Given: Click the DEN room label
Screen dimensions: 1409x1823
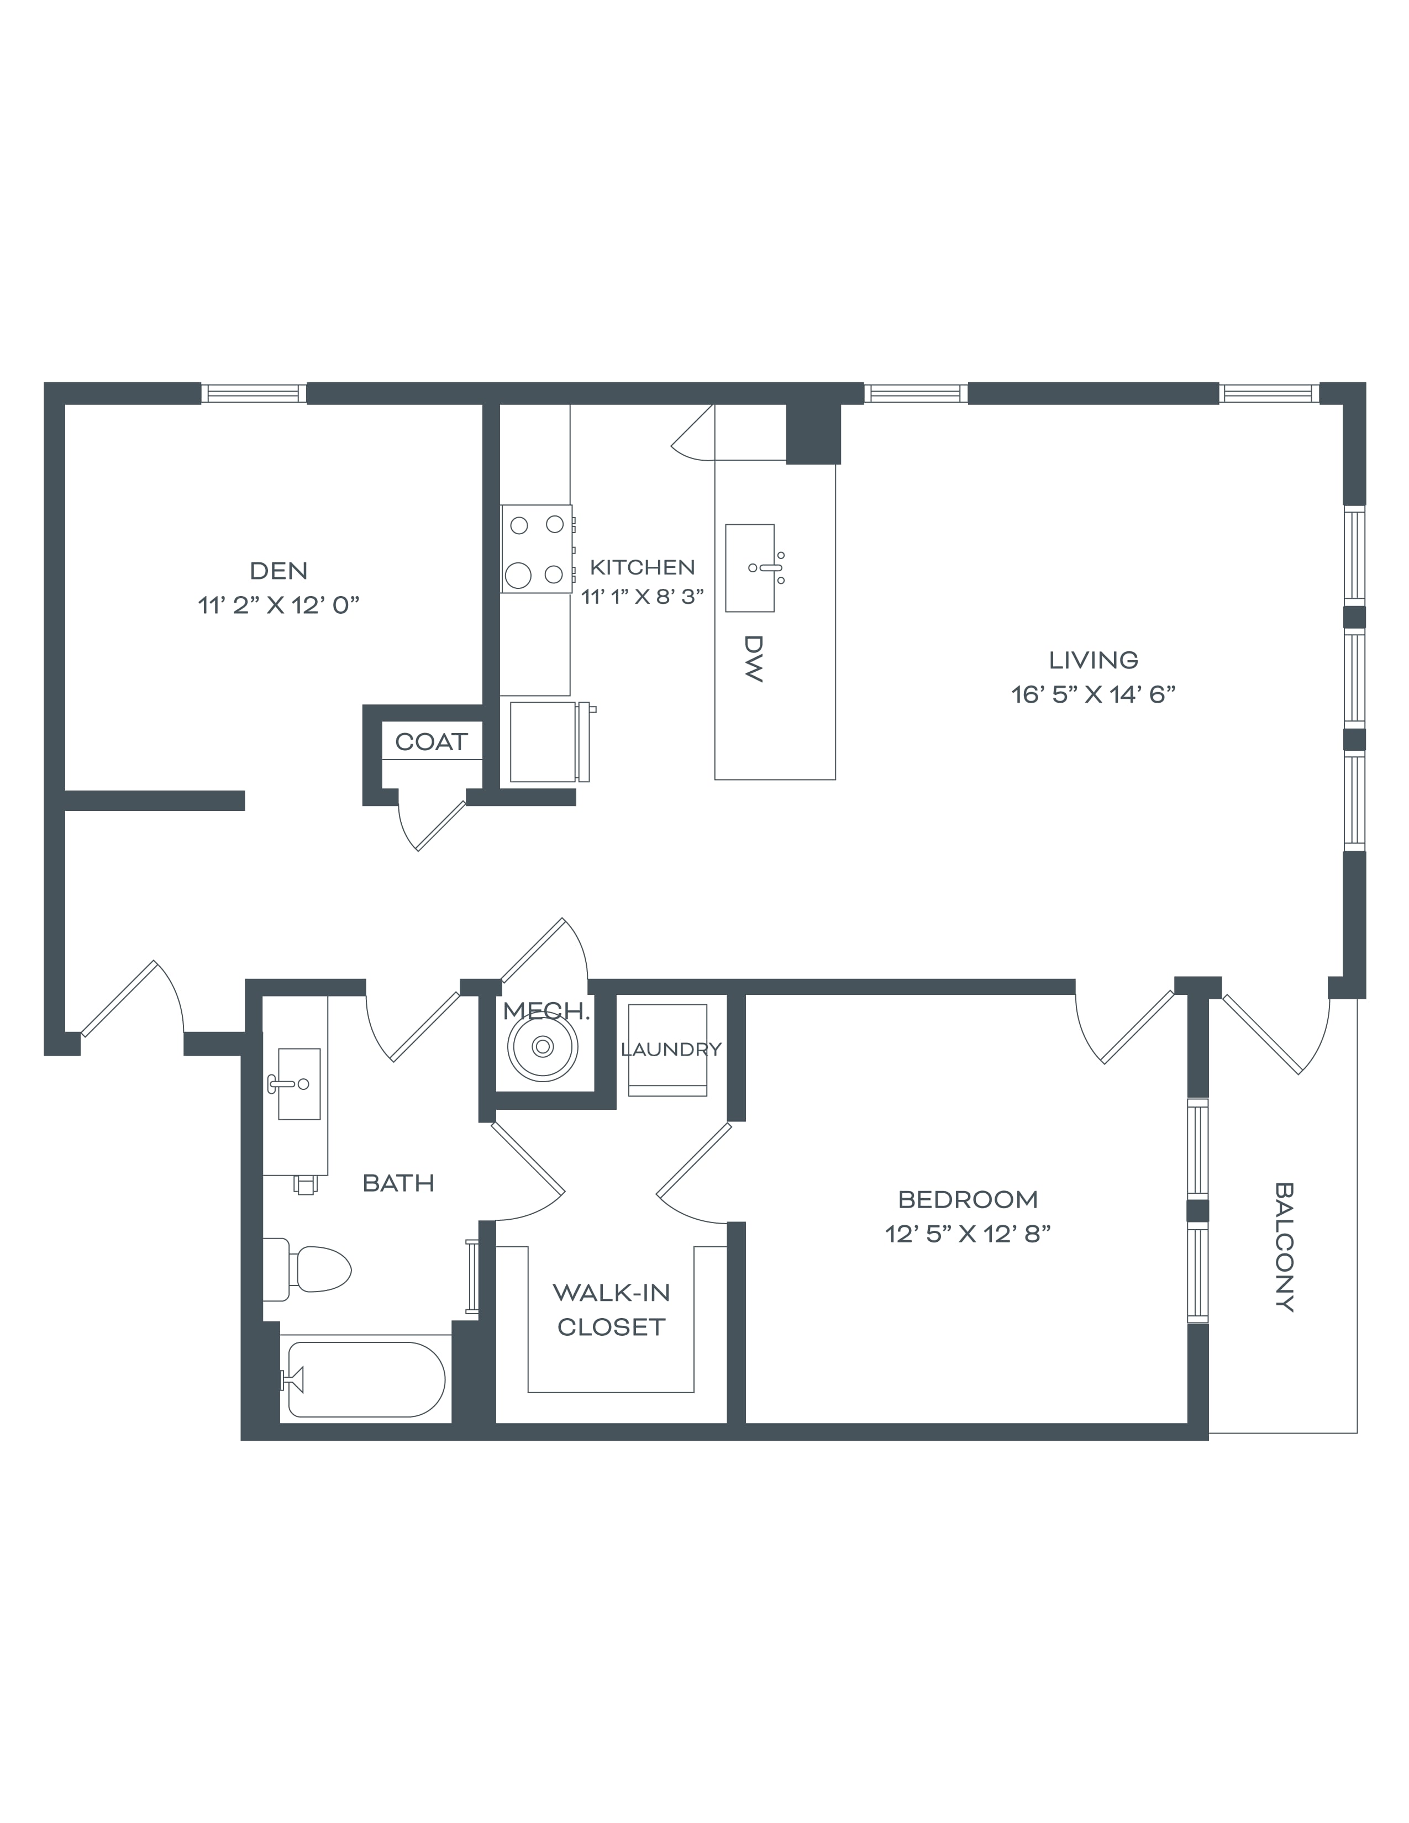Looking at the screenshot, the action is [x=279, y=571].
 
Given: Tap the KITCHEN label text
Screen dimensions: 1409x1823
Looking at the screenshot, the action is [x=642, y=567].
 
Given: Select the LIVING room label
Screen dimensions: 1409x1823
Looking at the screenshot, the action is [x=1093, y=660].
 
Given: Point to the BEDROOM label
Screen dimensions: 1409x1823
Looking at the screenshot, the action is [x=968, y=1199].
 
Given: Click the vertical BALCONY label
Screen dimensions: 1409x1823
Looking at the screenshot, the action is [x=1285, y=1247].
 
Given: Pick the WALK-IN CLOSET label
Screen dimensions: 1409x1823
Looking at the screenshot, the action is [x=611, y=1310].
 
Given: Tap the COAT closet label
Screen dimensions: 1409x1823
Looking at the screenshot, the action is [x=431, y=742].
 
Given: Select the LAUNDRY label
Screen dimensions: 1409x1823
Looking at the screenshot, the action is [x=671, y=1049].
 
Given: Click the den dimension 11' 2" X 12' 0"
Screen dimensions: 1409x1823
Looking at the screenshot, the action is [x=279, y=605].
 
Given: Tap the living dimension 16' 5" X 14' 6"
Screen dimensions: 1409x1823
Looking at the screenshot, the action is [x=1093, y=694].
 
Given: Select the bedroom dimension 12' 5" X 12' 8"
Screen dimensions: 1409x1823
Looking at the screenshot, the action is [x=968, y=1234].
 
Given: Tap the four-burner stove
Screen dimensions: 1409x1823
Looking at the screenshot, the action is [x=537, y=549].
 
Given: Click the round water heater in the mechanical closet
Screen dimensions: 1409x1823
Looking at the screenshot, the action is [x=543, y=1046].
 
